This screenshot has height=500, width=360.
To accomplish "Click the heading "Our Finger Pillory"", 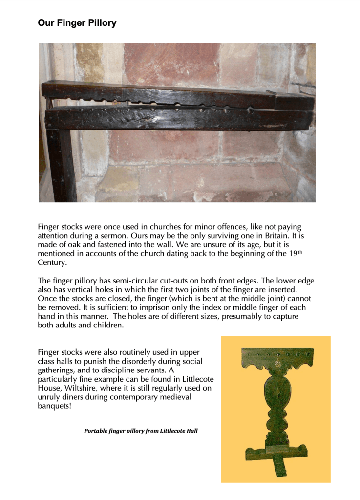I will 77,23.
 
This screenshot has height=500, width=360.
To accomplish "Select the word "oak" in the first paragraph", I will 70,245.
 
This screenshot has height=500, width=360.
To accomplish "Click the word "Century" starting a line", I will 51,262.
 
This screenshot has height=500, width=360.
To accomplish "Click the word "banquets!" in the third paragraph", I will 55,406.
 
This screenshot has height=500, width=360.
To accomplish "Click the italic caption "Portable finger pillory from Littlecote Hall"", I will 141,431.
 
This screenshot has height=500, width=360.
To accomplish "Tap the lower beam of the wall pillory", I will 176,120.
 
